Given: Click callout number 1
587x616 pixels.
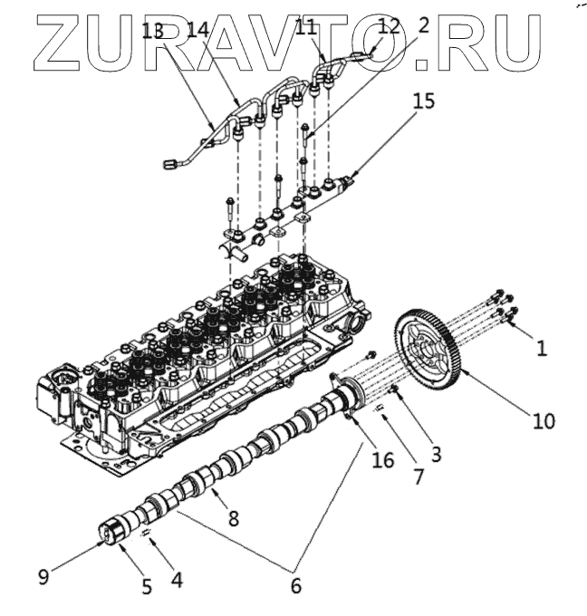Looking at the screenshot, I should coord(541,347).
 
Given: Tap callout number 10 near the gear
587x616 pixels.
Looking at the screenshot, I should coord(544,419).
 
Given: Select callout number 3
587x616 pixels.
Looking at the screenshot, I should coord(436,455).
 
